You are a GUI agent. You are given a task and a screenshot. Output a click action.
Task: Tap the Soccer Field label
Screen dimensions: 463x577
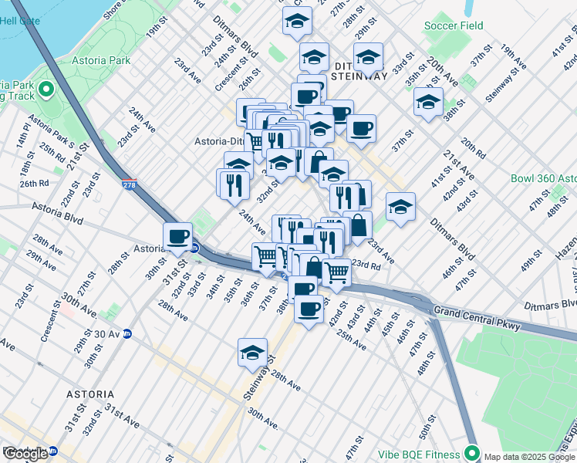(x=454, y=25)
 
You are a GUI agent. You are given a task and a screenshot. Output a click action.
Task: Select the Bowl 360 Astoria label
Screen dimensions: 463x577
(x=543, y=178)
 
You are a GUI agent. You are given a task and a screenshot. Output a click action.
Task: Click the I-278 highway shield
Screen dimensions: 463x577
(x=130, y=185)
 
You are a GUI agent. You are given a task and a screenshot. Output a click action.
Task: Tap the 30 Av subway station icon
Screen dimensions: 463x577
(x=128, y=334)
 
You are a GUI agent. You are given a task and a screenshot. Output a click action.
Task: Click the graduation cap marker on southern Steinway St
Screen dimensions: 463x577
(x=252, y=353)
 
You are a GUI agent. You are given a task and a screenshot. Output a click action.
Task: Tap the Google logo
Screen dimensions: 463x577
(x=25, y=454)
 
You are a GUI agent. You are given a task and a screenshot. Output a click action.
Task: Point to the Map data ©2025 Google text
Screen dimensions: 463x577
(x=530, y=457)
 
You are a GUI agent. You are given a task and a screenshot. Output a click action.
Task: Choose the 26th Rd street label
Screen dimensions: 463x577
(x=35, y=184)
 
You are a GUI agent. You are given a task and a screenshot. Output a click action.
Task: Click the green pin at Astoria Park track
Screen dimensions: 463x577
(x=46, y=90)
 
